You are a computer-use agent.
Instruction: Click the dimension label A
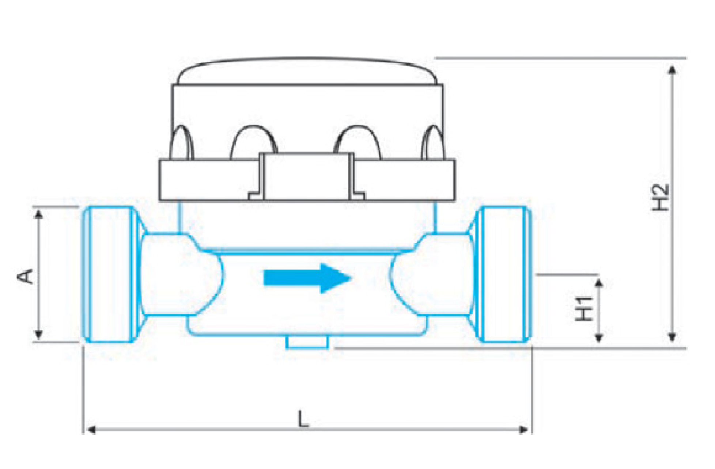(x=25, y=276)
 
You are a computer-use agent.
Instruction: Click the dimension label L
(x=303, y=419)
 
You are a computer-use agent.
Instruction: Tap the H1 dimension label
(x=584, y=309)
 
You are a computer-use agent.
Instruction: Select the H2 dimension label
(x=661, y=197)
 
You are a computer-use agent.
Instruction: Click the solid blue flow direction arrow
(x=307, y=278)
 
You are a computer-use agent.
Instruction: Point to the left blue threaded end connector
(x=110, y=275)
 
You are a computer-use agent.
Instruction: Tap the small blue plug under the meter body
(x=307, y=342)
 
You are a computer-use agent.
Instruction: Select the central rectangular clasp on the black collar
(x=306, y=177)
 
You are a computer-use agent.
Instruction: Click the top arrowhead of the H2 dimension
(x=672, y=70)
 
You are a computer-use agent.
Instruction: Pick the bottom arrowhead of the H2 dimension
(x=672, y=337)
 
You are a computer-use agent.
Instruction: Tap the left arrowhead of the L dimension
(x=91, y=430)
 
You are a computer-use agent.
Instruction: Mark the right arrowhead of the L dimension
(x=524, y=430)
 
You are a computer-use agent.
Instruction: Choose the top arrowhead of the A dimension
(x=38, y=214)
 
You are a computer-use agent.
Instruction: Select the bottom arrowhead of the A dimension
(x=38, y=334)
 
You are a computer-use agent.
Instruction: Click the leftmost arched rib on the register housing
(x=182, y=142)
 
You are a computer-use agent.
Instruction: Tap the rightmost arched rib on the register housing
(x=433, y=142)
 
